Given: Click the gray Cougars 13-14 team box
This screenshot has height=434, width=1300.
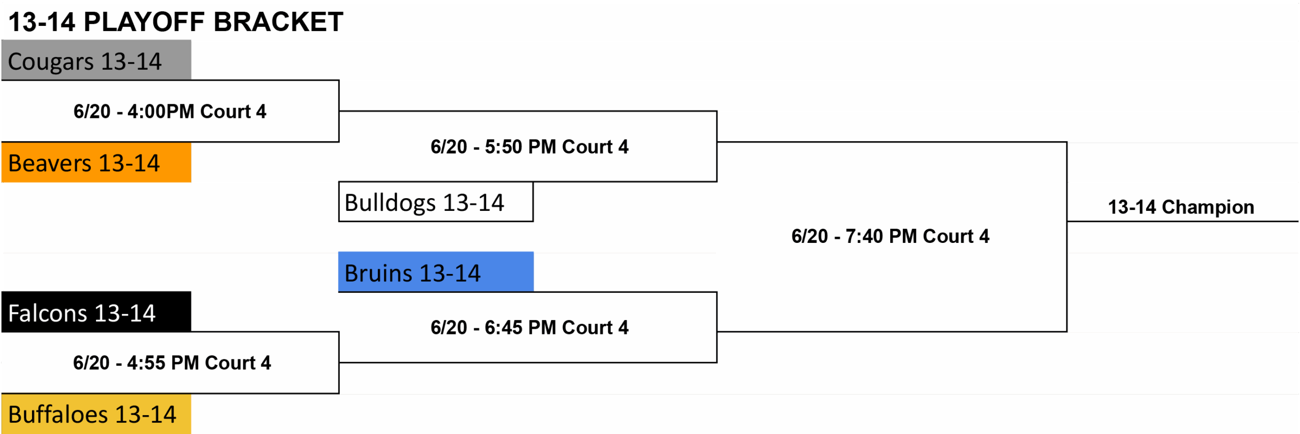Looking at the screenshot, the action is coord(96,60).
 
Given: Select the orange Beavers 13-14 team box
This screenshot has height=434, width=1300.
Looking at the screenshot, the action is coord(96,162).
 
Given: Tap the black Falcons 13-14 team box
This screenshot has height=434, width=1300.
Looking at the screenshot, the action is coord(96,312).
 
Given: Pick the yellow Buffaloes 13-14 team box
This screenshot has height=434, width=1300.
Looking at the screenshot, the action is coord(96,414).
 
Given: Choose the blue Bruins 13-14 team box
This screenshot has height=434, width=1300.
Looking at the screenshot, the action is coord(436,272).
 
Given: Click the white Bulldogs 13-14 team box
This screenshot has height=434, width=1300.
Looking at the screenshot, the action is coord(436,202).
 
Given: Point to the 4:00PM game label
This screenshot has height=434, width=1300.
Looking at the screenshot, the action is coord(170,111).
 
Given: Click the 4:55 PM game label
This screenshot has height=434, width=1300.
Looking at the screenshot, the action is coord(172,363).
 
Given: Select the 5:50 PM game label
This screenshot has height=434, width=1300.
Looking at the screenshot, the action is coord(529,147).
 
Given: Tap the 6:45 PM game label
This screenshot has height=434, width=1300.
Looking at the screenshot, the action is coord(529,328).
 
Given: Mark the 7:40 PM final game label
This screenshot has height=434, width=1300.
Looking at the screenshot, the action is coord(890,236).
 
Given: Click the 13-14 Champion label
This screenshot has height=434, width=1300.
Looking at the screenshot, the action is coord(1181,207).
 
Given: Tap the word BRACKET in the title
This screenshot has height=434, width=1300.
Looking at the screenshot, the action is coord(278,22).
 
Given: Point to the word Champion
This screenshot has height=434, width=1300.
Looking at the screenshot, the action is coord(1208,207).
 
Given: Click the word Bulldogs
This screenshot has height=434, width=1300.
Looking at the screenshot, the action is coord(390,203).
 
